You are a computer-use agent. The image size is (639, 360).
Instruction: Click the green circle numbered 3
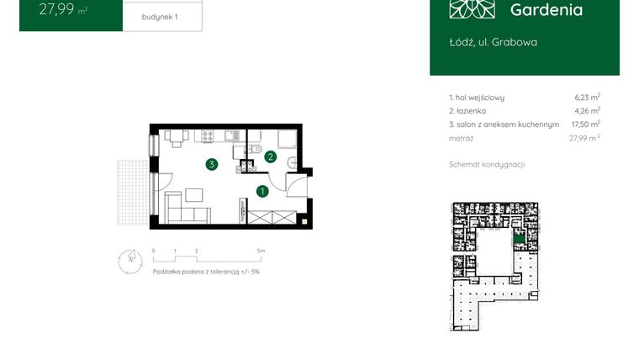(214, 164)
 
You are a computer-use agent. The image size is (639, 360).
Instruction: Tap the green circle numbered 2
(270, 156)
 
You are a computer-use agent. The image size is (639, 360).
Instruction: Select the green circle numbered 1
(262, 191)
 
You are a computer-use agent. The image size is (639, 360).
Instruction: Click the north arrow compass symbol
(127, 258)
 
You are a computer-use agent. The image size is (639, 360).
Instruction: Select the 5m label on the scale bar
(261, 251)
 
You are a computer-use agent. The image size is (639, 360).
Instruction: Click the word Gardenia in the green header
(546, 10)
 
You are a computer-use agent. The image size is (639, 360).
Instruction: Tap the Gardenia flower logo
(472, 8)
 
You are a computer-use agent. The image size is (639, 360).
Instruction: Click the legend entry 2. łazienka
(468, 111)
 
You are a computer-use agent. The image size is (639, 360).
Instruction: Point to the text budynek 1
(161, 16)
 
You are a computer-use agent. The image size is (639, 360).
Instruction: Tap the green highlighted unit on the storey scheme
(521, 242)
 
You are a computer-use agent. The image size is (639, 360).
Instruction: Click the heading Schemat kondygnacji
(487, 165)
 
